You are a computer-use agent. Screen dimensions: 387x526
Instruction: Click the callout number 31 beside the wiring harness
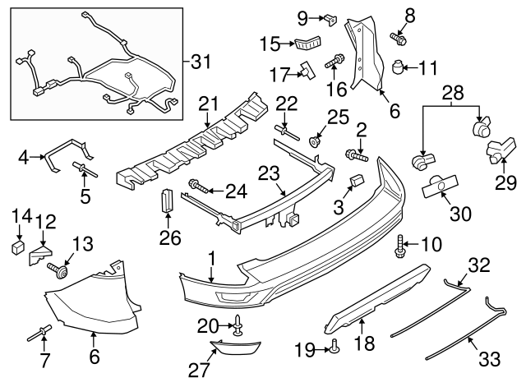pos(201,61)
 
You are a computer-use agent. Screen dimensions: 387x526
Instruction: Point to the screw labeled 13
pos(58,270)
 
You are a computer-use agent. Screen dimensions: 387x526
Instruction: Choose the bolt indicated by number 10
pos(401,244)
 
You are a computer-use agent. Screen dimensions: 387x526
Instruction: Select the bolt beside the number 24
pos(196,184)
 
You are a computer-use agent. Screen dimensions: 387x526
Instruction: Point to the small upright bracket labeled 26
pos(167,200)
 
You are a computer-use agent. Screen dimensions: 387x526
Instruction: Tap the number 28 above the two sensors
pos(452,94)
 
